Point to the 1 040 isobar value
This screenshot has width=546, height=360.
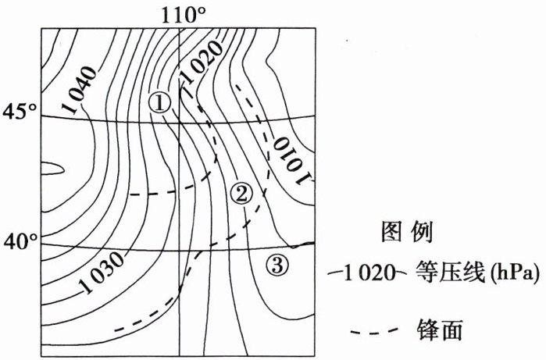tap(78, 84)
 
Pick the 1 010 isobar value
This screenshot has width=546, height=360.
tap(290, 159)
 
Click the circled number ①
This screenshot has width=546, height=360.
tap(159, 102)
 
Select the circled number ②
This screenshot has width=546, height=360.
tap(241, 192)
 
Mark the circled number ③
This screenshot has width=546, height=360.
tap(277, 266)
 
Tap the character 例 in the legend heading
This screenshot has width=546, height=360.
tap(422, 232)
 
